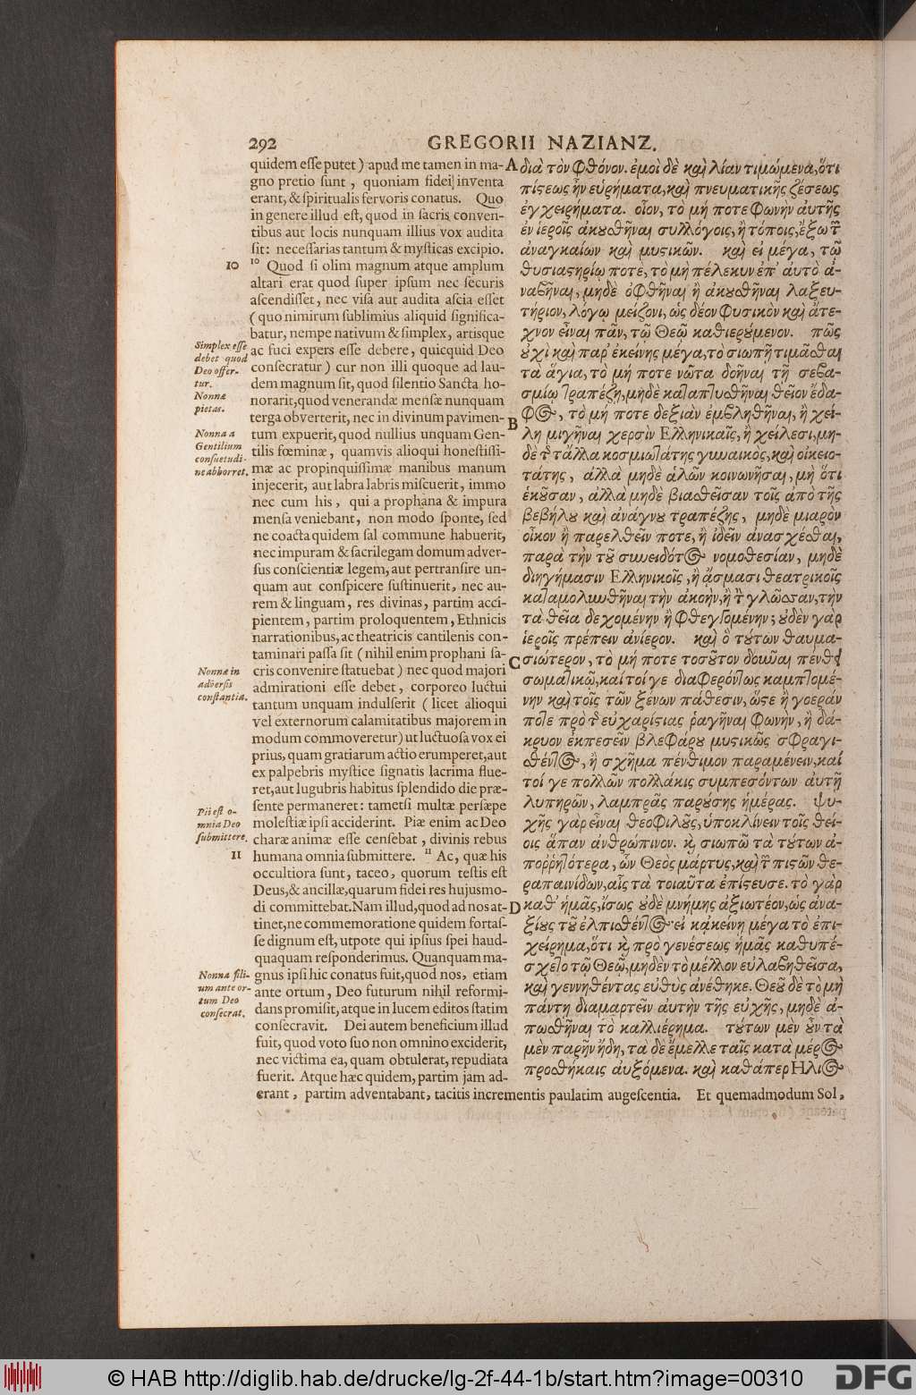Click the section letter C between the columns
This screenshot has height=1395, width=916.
tap(513, 662)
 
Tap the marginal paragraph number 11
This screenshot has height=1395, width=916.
tap(237, 853)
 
